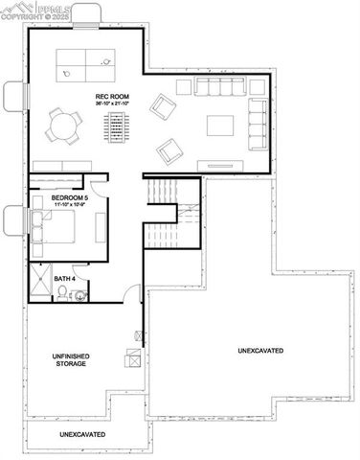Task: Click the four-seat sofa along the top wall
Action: coord(221,87)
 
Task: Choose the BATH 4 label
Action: coord(64,278)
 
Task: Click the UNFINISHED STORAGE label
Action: coord(71,360)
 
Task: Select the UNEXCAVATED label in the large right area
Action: coord(260,352)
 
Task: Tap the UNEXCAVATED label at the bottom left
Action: coord(82,435)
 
